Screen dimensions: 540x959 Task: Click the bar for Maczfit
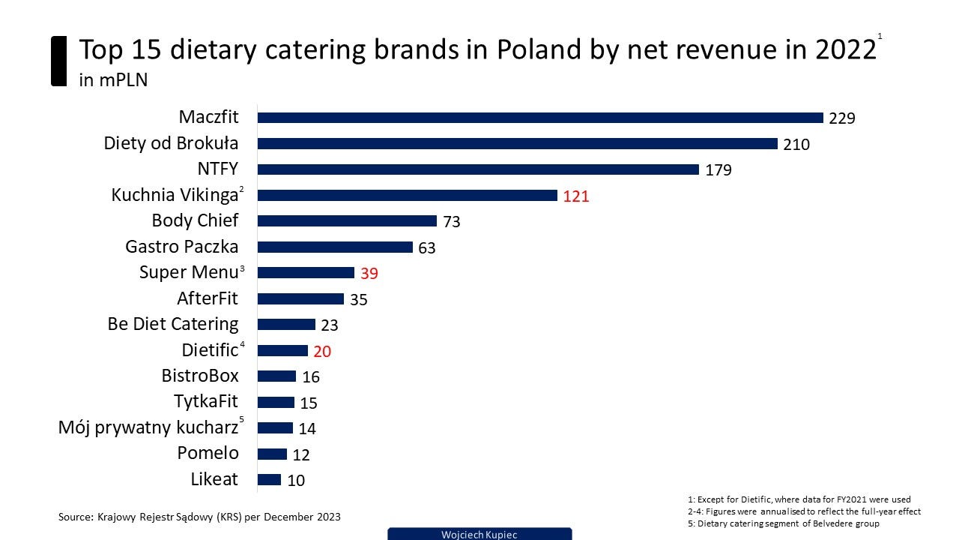click(540, 118)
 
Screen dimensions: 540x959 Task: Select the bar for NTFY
click(478, 169)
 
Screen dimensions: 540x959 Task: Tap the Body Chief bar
click(347, 221)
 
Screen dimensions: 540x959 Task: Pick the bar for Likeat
click(269, 480)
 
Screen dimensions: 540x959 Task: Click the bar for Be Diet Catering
click(286, 325)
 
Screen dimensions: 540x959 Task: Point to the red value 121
click(576, 196)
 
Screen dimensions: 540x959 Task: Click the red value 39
click(369, 274)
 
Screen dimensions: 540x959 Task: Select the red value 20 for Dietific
click(322, 351)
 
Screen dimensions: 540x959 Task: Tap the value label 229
click(842, 118)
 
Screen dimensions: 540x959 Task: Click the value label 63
click(426, 247)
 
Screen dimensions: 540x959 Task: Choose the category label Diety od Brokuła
click(171, 143)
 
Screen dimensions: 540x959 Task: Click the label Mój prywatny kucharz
click(148, 427)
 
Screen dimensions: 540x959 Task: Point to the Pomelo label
click(208, 453)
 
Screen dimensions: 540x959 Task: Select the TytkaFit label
click(205, 401)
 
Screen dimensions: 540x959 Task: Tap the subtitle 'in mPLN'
click(113, 80)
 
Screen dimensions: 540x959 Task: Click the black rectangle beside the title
click(58, 61)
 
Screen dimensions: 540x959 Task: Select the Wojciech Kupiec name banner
click(479, 534)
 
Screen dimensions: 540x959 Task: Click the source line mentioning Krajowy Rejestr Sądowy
click(199, 517)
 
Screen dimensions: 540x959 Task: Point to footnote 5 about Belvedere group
click(783, 523)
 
